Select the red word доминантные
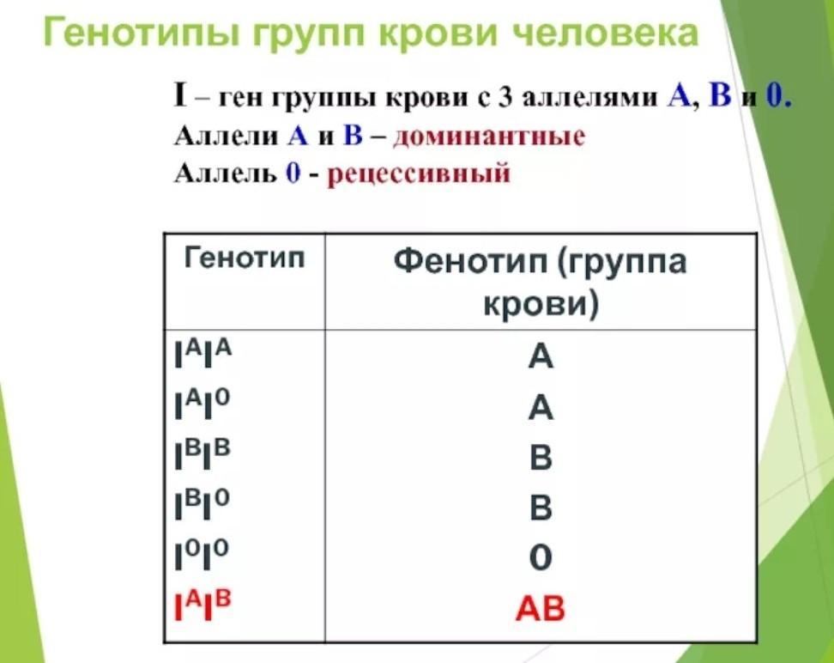pos(489,137)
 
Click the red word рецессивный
pos(418,173)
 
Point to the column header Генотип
pos(245,259)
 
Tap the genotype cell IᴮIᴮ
pos(202,453)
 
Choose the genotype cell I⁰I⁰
pos(202,554)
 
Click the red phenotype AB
pos(541,608)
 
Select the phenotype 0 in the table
pos(541,557)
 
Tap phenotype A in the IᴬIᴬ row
pos(541,356)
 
